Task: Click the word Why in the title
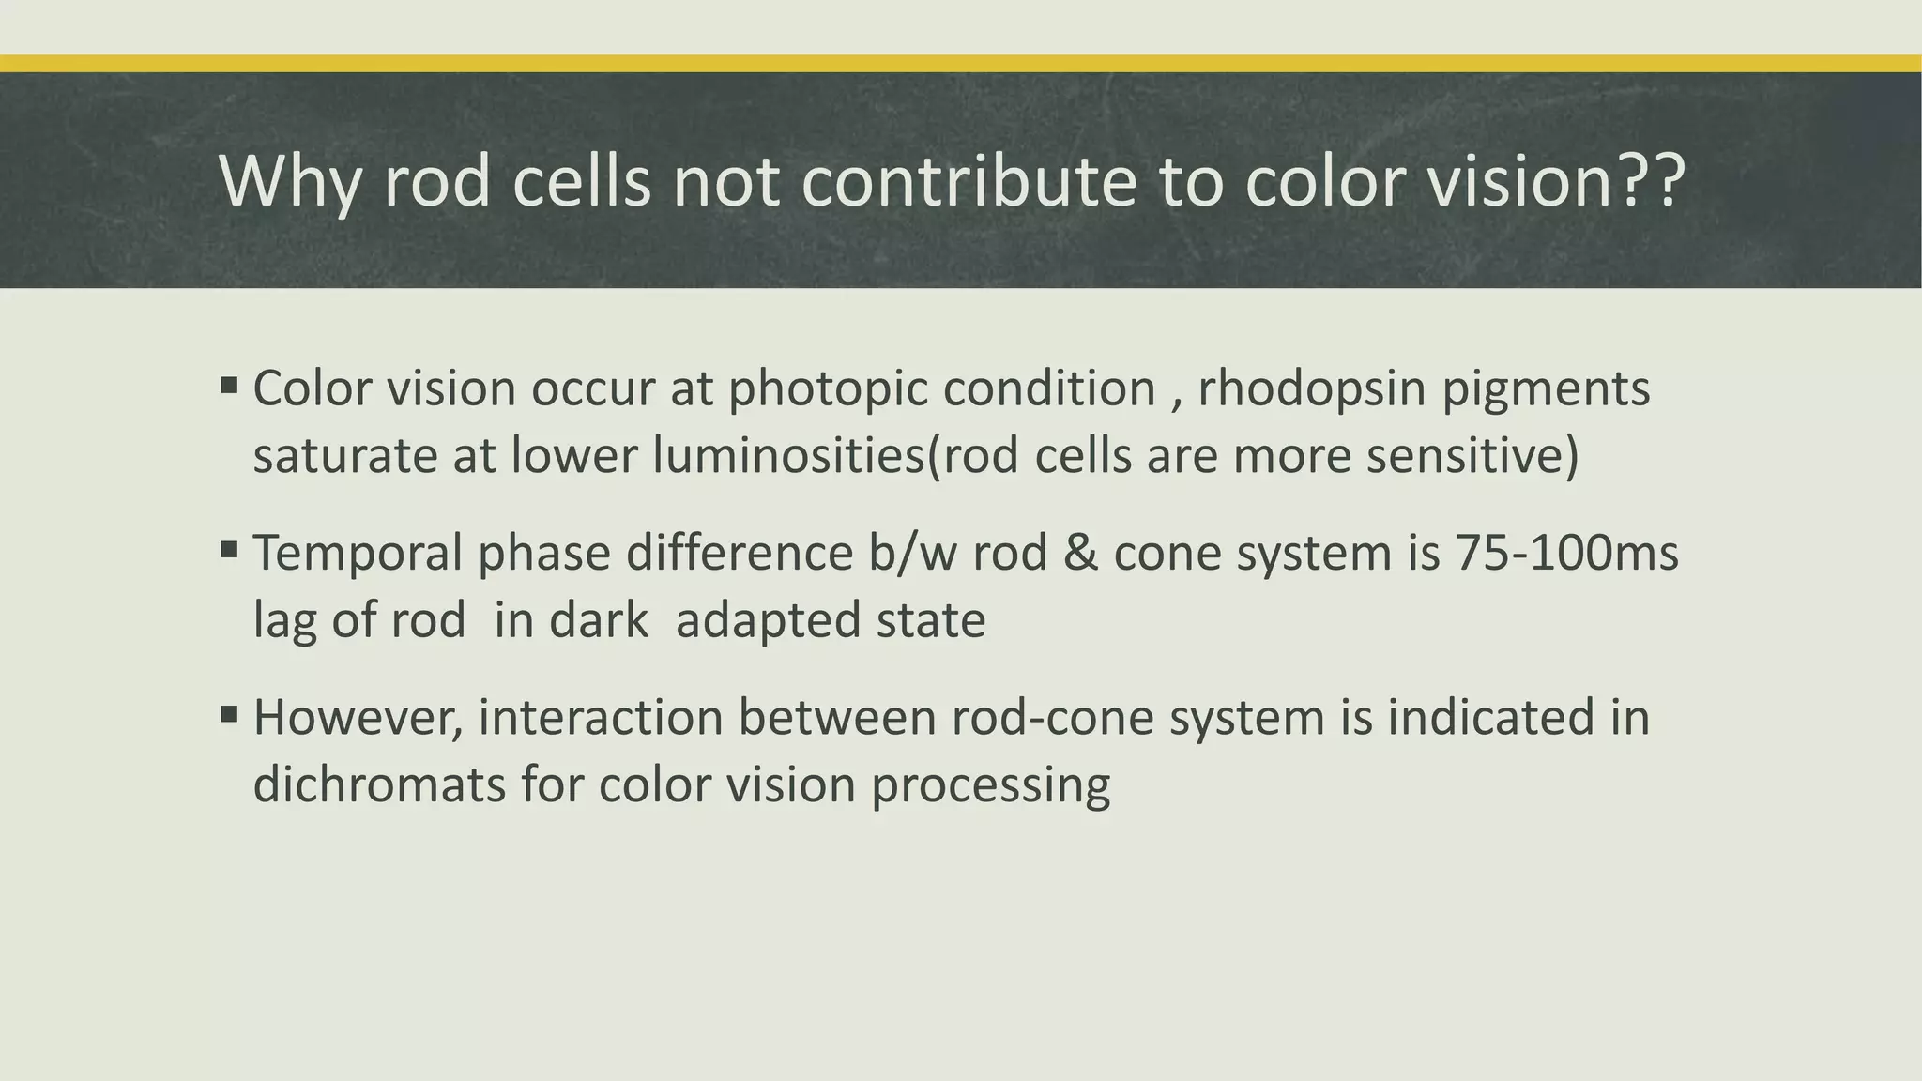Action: coord(289,180)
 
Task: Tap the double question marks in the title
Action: coord(1650,180)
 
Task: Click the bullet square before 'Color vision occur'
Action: coord(229,385)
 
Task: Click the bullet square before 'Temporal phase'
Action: coord(229,549)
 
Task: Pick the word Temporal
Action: coord(358,553)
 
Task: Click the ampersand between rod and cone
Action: coord(1080,553)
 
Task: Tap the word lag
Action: coord(284,621)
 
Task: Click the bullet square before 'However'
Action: coord(229,714)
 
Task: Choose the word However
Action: coord(358,718)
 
